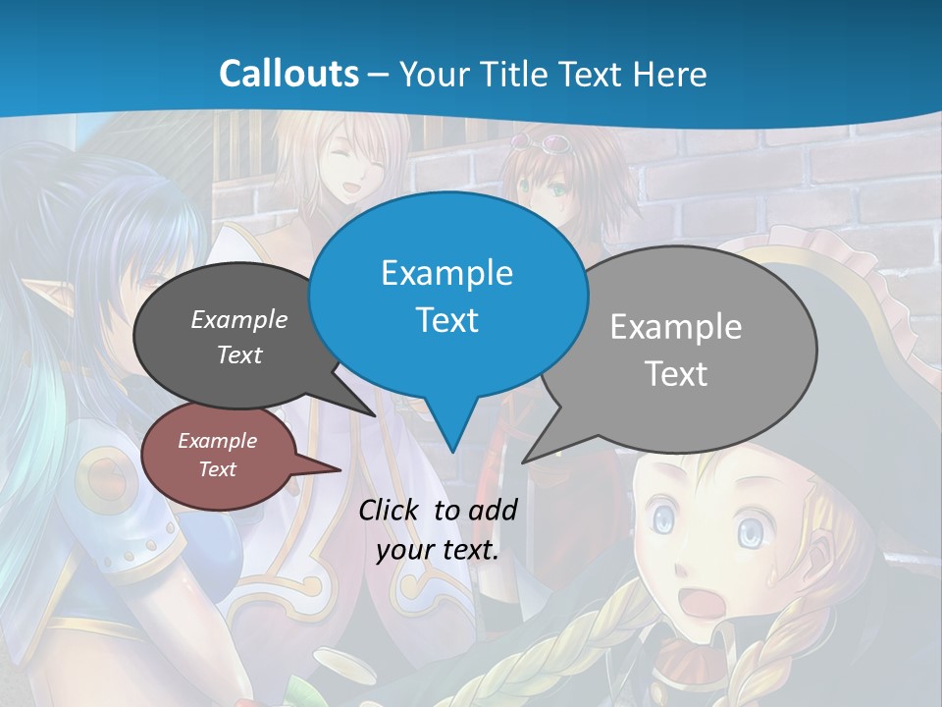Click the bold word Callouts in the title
point(288,74)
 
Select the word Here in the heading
point(670,74)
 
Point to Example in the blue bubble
point(446,272)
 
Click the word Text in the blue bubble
point(446,320)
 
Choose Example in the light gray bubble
point(675,326)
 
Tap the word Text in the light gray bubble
point(675,374)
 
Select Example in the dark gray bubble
point(238,319)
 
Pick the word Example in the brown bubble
point(217,441)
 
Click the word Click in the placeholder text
point(391,510)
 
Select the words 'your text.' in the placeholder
point(437,550)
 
